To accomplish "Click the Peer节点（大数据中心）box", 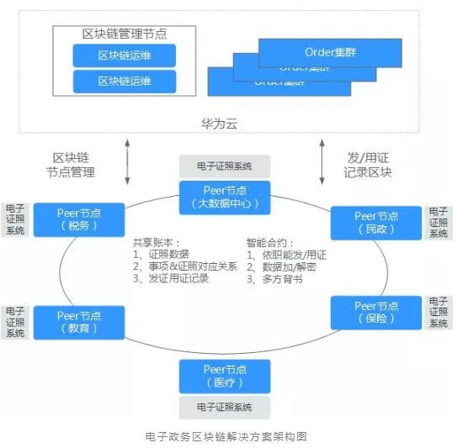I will tap(225, 198).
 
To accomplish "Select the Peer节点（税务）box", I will tap(79, 219).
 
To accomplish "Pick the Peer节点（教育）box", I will tap(79, 322).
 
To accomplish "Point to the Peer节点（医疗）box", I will tap(225, 376).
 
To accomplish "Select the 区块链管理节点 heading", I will tap(124, 34).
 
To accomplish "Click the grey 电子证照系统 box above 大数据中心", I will tap(225, 166).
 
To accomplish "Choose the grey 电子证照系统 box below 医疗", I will tap(225, 408).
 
